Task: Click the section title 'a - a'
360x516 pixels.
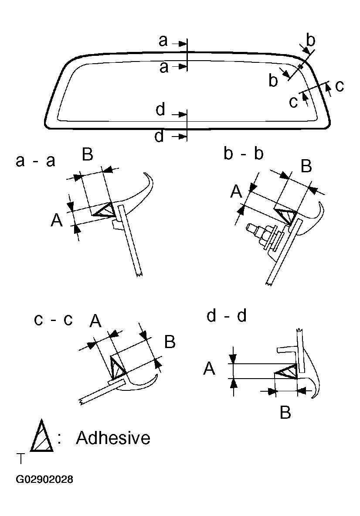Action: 36,161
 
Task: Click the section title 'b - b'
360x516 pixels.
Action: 244,154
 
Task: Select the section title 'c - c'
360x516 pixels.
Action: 53,320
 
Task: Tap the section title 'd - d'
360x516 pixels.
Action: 227,316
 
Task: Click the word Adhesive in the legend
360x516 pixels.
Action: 113,438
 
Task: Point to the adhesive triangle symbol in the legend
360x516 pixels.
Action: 42,437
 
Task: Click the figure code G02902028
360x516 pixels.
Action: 44,480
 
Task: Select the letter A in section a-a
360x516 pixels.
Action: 56,221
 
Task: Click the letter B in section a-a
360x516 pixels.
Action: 88,154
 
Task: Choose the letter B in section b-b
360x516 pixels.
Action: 306,166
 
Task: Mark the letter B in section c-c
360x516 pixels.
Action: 170,342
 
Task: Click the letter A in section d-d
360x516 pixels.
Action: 209,369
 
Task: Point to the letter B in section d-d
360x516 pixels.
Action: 285,413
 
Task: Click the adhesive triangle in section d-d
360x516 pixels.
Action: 286,372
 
